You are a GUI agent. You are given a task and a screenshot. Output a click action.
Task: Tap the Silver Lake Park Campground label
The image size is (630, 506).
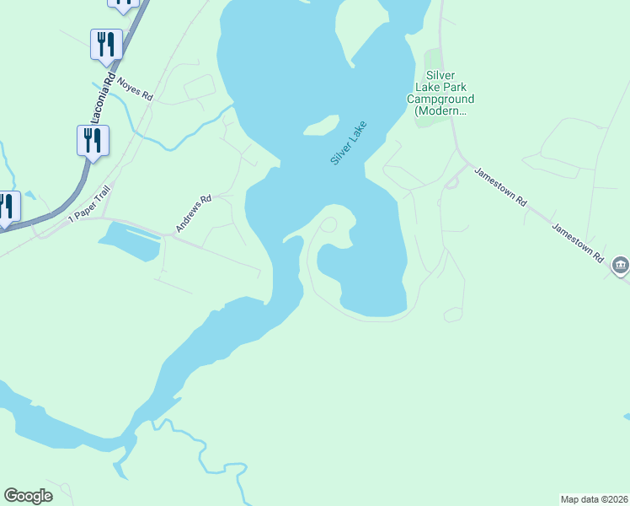tap(440, 93)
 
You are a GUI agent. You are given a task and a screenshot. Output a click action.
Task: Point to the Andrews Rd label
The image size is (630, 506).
tap(192, 215)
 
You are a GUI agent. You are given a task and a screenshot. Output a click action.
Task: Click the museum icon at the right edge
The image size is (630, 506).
tap(621, 266)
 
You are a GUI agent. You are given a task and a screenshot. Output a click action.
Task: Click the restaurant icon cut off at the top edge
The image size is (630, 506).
tap(124, 3)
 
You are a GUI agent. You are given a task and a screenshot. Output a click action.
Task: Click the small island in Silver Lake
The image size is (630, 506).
tap(320, 126)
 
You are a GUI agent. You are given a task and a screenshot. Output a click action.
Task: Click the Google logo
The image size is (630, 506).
tap(28, 496)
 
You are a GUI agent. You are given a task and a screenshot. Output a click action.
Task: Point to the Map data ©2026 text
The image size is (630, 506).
tap(594, 498)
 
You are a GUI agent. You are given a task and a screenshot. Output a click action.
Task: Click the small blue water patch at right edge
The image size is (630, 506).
tap(626, 417)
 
